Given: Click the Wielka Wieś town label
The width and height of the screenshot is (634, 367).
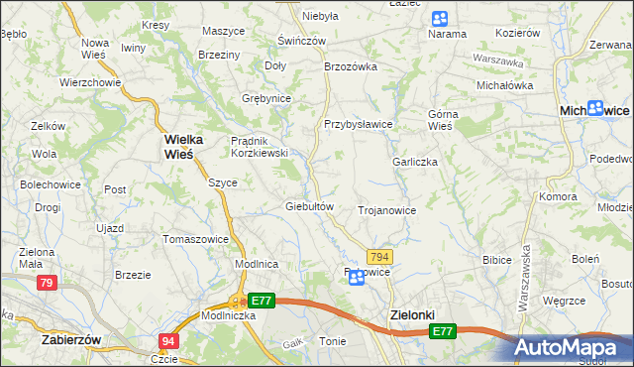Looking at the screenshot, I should pos(178,148).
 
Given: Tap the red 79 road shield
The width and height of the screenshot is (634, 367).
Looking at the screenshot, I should pos(46,283).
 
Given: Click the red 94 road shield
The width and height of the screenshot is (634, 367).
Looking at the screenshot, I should pos(167,341).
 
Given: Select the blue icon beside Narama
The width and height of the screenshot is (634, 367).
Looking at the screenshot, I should pos(439,19).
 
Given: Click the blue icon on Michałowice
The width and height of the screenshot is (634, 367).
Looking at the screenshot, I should pos(595,110).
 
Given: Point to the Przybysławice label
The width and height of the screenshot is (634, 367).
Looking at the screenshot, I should pos(359,124).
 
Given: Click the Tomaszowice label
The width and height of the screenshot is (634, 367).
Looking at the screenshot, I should pos(196,239).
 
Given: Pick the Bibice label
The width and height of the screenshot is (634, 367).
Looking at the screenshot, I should pos(495,260).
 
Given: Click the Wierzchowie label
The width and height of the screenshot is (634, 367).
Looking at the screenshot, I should pos(89,82).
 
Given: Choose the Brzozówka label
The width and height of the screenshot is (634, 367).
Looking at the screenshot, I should pos(352,66).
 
